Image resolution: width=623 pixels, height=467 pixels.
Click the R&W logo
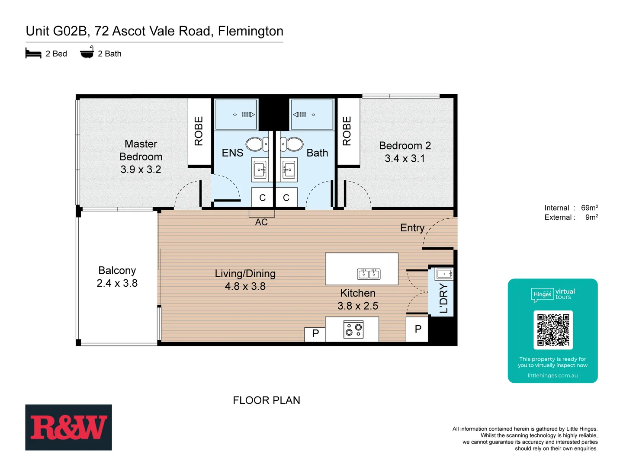(x=68, y=427)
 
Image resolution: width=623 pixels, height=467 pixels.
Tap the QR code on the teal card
(x=553, y=330)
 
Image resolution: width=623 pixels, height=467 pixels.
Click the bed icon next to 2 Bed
(x=33, y=54)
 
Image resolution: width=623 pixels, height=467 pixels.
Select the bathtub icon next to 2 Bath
(x=87, y=53)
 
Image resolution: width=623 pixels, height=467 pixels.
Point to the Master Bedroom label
(x=141, y=150)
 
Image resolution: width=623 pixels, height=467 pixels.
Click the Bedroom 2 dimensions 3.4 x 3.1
(x=405, y=159)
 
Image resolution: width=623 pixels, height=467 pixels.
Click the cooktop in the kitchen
(x=353, y=330)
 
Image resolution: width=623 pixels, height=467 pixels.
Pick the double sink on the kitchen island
(x=369, y=274)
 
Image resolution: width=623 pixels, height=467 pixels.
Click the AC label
(x=261, y=222)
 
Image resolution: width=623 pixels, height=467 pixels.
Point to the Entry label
(x=412, y=228)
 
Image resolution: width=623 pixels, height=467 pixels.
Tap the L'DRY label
(x=443, y=298)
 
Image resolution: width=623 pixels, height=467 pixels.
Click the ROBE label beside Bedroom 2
(x=347, y=131)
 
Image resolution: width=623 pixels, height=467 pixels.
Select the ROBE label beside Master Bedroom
(x=199, y=131)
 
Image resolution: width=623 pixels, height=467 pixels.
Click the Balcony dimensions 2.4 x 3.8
(x=117, y=283)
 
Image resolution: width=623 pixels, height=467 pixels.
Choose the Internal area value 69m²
(x=589, y=208)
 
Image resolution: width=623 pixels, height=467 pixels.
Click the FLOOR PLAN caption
(x=267, y=400)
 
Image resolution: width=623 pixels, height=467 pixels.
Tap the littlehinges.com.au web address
(x=552, y=375)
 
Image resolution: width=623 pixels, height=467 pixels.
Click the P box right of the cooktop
(x=417, y=329)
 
